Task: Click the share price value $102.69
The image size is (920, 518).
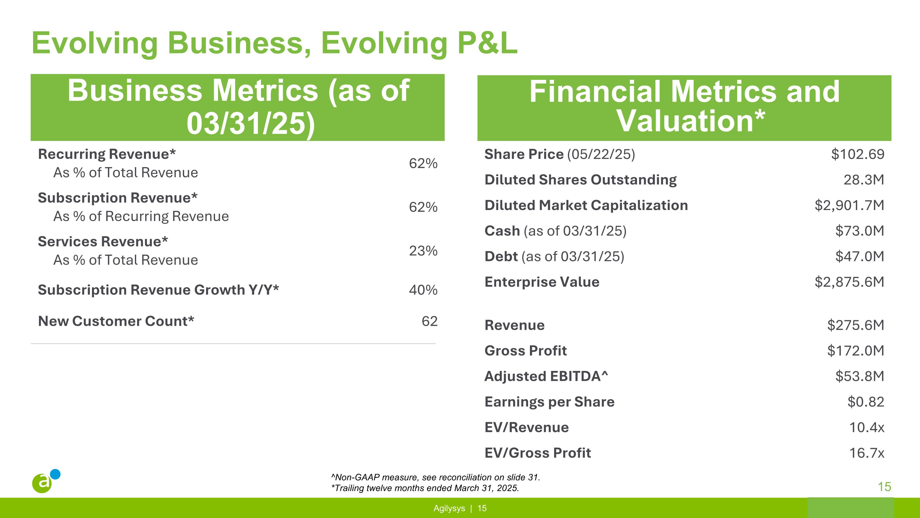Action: click(x=857, y=154)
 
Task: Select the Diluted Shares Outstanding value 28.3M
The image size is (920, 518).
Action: click(x=863, y=179)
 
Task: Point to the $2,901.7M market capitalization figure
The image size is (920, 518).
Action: click(x=849, y=205)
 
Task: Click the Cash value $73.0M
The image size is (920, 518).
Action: click(x=859, y=231)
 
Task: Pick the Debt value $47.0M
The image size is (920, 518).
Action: click(x=859, y=256)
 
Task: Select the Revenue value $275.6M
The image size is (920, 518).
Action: click(x=855, y=325)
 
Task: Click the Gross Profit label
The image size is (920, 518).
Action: click(x=525, y=351)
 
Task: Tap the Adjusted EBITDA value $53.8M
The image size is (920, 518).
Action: click(x=859, y=376)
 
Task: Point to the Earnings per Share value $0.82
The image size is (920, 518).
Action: click(x=865, y=402)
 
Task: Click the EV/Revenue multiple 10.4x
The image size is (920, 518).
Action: click(x=866, y=427)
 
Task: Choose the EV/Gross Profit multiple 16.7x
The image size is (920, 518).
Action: click(x=866, y=453)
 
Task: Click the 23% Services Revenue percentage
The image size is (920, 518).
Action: click(x=423, y=251)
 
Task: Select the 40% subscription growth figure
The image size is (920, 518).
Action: click(x=423, y=290)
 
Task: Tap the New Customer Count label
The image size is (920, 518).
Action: click(x=116, y=321)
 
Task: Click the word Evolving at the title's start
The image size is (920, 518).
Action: click(x=95, y=43)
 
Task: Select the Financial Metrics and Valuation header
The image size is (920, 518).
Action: click(x=684, y=107)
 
